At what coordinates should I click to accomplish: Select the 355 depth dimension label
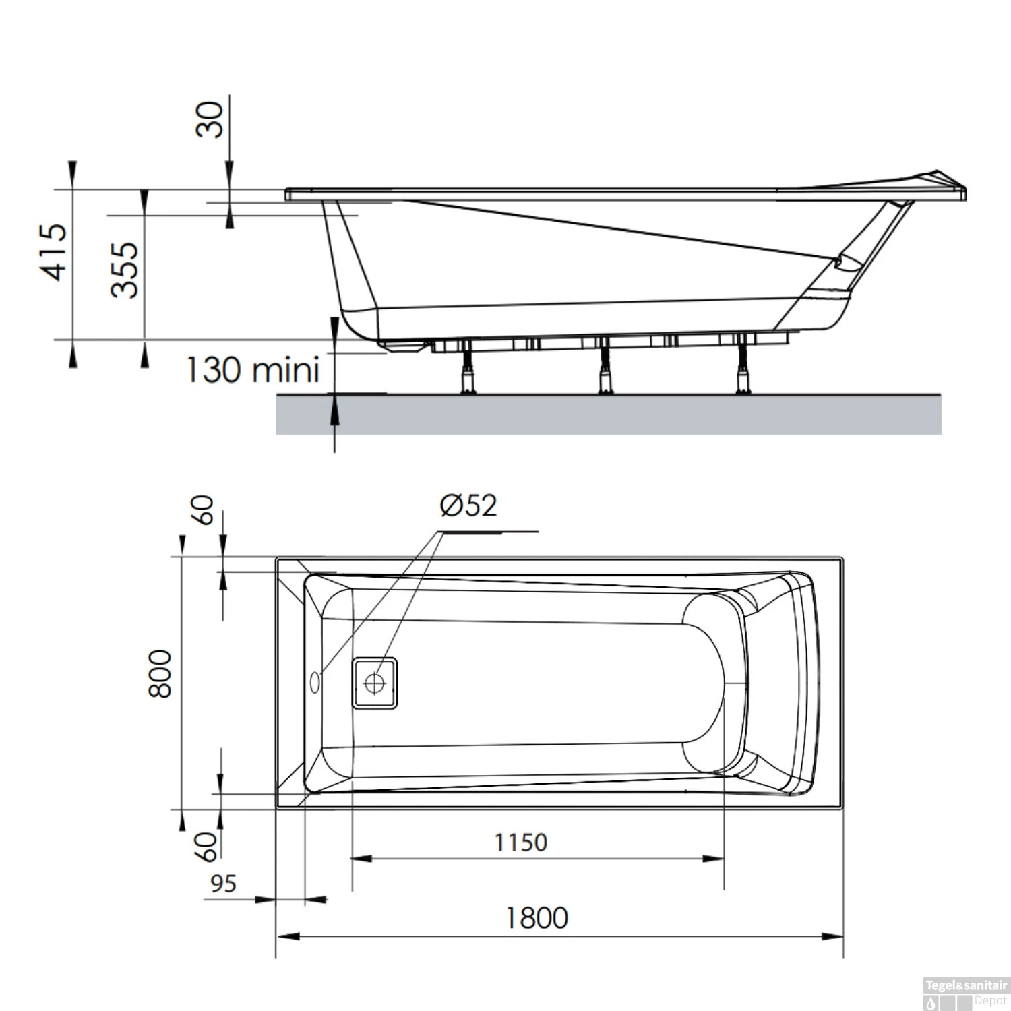[125, 270]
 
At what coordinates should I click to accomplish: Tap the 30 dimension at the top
[210, 119]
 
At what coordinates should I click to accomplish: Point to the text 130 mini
[252, 370]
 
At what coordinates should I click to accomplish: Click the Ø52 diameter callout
[469, 506]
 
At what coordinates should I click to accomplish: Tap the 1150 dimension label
[520, 842]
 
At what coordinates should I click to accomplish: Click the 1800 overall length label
[537, 918]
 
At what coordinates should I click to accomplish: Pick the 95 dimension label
[223, 884]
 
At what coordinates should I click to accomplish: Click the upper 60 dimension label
[203, 510]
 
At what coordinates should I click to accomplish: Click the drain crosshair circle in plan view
[374, 683]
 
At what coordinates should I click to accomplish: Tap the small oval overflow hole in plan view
[315, 682]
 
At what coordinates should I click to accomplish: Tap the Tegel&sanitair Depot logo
[965, 993]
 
